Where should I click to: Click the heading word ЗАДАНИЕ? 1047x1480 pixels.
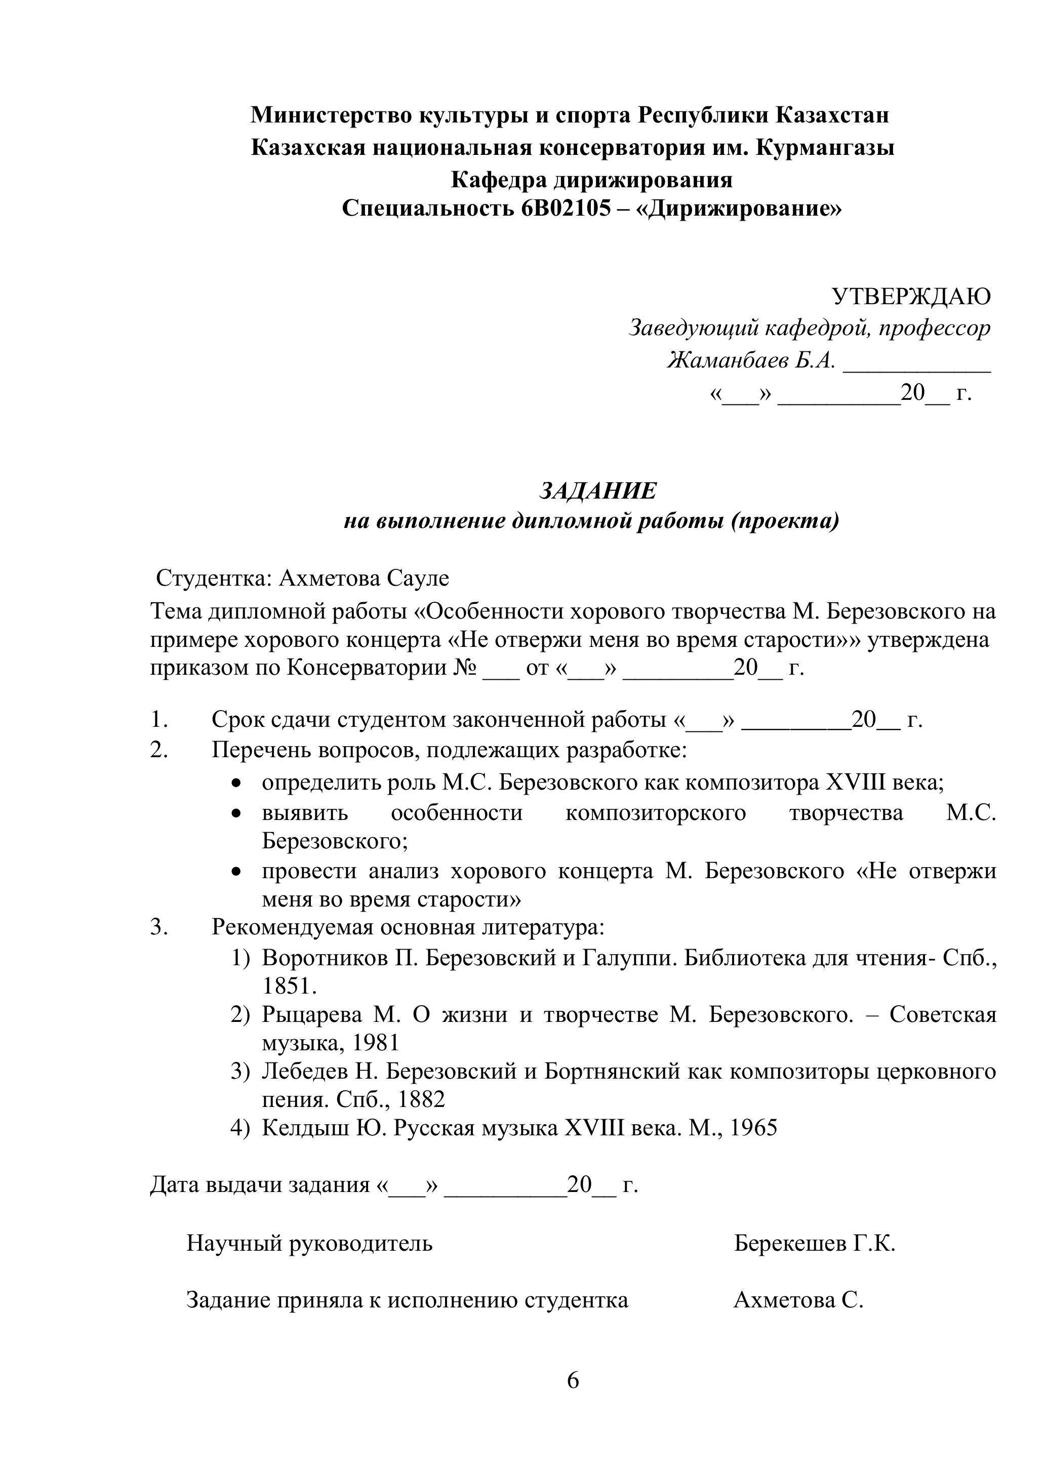[x=597, y=491]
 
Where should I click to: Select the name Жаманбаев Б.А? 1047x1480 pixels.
[x=751, y=360]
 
